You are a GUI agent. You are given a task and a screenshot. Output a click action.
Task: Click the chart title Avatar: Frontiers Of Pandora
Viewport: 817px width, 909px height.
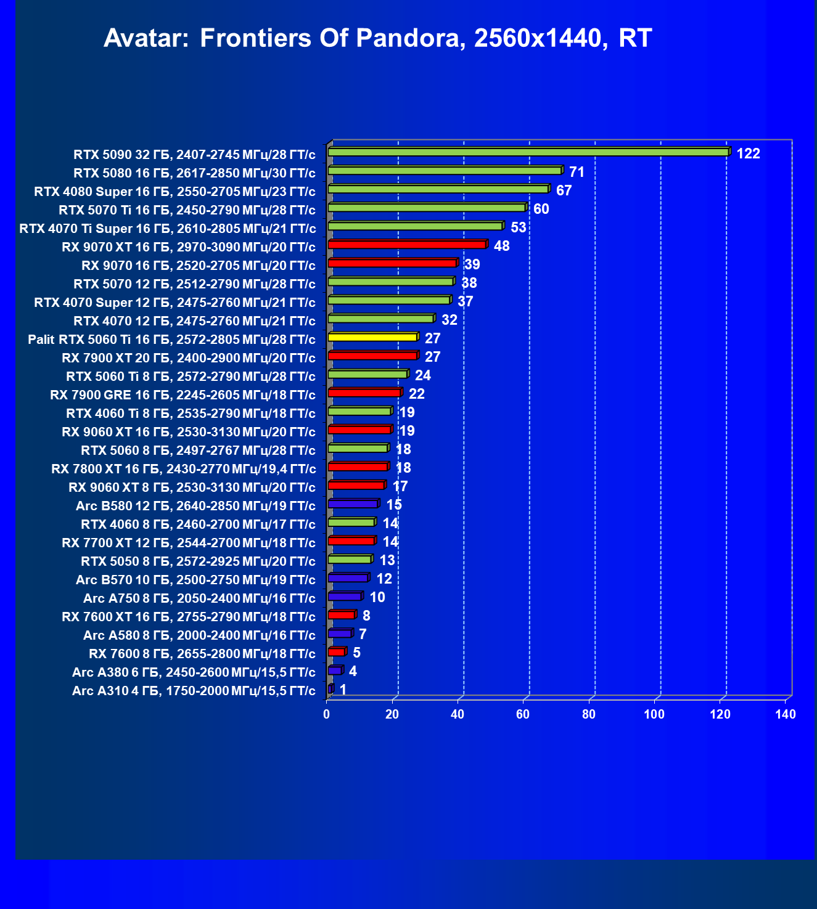point(377,38)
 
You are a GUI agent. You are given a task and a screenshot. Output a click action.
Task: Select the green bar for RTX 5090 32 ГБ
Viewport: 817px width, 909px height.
point(528,152)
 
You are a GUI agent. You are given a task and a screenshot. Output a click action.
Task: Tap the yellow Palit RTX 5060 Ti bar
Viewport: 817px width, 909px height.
point(372,337)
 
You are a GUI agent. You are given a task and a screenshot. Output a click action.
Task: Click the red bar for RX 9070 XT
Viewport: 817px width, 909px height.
point(407,245)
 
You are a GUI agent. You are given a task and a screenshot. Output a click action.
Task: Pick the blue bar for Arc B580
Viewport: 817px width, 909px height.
point(353,504)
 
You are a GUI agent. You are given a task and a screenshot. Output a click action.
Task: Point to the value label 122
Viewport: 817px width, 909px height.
point(748,153)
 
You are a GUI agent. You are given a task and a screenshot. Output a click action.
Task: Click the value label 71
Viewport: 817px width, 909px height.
point(577,172)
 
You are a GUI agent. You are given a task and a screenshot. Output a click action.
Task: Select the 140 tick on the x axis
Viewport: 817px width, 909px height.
point(786,714)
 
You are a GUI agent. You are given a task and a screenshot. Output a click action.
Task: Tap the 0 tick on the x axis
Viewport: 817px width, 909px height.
point(327,714)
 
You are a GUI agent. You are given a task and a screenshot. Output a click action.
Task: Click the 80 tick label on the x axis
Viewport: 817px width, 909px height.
point(589,714)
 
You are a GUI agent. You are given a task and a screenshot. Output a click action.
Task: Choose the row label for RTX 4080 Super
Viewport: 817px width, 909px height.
point(175,192)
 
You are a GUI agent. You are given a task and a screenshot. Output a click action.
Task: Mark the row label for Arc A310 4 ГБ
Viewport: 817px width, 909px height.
point(194,691)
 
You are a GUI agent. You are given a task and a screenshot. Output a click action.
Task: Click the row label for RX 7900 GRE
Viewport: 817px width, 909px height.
point(183,395)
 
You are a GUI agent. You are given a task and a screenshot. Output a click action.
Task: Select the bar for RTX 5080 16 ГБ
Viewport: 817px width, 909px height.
point(445,170)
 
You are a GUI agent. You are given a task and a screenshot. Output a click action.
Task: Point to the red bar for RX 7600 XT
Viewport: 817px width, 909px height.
point(341,615)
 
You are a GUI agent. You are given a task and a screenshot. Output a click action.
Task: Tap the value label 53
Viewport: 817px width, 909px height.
point(519,227)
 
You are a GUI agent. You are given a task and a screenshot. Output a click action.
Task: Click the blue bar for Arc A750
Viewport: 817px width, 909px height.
point(344,597)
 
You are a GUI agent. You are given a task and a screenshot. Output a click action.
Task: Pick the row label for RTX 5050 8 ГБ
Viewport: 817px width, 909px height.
point(198,561)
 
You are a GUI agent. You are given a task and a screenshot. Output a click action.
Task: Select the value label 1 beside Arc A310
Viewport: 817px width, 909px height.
point(343,690)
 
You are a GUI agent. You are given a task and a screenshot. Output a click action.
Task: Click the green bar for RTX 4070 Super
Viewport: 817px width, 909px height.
point(389,300)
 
